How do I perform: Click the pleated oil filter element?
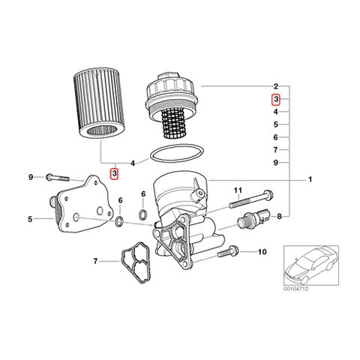99,103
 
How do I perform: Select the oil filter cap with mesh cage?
172,105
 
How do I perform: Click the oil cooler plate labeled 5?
80,204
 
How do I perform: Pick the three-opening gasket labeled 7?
135,262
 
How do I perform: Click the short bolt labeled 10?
228,251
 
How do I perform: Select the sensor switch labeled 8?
254,217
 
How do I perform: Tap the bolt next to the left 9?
57,178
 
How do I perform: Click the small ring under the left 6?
120,221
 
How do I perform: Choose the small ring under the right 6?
143,214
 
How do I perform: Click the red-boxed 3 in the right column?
276,99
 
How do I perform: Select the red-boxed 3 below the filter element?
114,173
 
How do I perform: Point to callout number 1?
310,179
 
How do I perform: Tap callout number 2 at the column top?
276,86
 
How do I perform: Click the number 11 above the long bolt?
238,190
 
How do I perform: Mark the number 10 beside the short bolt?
262,252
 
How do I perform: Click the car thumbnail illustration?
311,265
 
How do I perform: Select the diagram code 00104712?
296,289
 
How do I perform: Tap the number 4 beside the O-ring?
133,163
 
